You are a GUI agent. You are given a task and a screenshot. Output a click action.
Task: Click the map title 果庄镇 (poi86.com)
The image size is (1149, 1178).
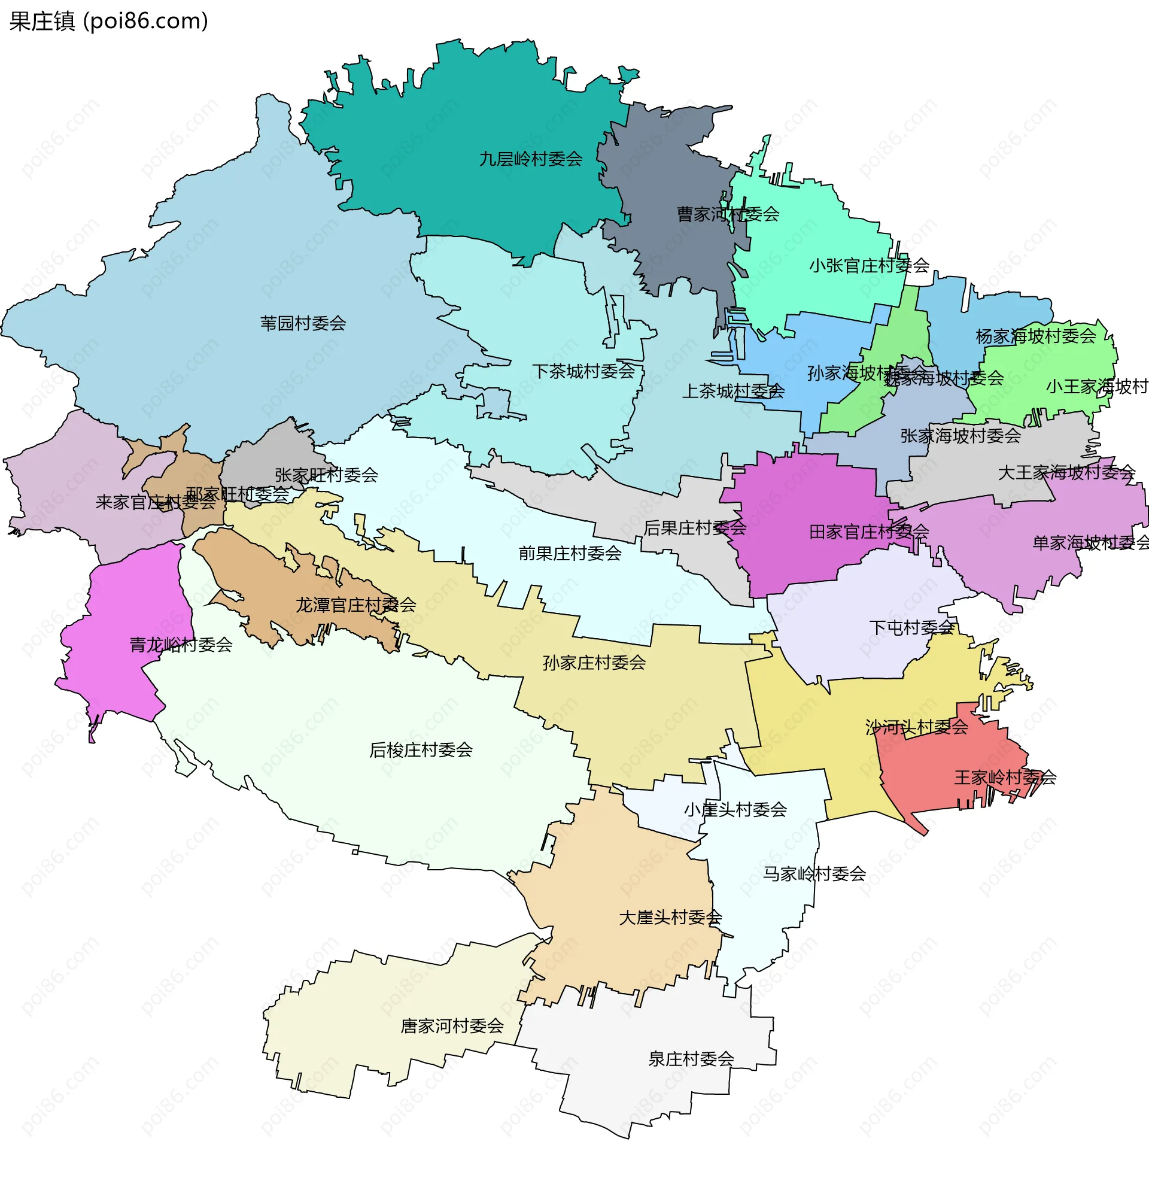click(109, 21)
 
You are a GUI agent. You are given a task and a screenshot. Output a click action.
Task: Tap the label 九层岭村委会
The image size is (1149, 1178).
click(530, 159)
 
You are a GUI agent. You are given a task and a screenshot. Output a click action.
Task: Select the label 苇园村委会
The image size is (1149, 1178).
click(303, 323)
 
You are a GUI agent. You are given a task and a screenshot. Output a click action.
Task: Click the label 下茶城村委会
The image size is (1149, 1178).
click(583, 371)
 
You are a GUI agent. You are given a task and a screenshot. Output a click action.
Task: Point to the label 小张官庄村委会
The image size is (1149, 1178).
click(869, 266)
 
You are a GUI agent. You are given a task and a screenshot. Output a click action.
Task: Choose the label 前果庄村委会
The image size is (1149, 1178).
click(570, 554)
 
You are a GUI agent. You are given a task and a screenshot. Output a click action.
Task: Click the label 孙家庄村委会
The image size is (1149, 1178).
click(594, 663)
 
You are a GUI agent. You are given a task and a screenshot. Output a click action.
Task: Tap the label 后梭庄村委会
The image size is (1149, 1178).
click(421, 750)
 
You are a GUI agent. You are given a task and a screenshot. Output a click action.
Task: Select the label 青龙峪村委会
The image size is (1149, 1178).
click(181, 645)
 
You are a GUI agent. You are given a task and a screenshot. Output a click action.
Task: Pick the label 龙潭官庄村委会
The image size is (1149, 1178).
click(355, 605)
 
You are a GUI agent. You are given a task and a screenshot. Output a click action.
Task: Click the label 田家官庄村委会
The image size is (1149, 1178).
click(868, 532)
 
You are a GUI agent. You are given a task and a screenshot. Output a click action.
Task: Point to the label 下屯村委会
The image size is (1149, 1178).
click(911, 628)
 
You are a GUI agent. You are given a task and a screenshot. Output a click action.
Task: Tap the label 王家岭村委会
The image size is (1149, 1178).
click(1005, 778)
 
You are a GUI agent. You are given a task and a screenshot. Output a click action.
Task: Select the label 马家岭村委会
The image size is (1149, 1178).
click(814, 874)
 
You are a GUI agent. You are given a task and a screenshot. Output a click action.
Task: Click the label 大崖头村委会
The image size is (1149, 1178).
click(670, 918)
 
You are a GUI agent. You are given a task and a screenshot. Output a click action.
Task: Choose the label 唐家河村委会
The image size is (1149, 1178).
click(452, 1026)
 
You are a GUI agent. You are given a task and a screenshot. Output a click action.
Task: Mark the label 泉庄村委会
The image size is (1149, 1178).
click(691, 1059)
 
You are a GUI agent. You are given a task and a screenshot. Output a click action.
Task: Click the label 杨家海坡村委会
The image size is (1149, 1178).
click(1035, 336)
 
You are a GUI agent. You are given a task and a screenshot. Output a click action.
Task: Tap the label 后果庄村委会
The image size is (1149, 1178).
click(695, 528)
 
